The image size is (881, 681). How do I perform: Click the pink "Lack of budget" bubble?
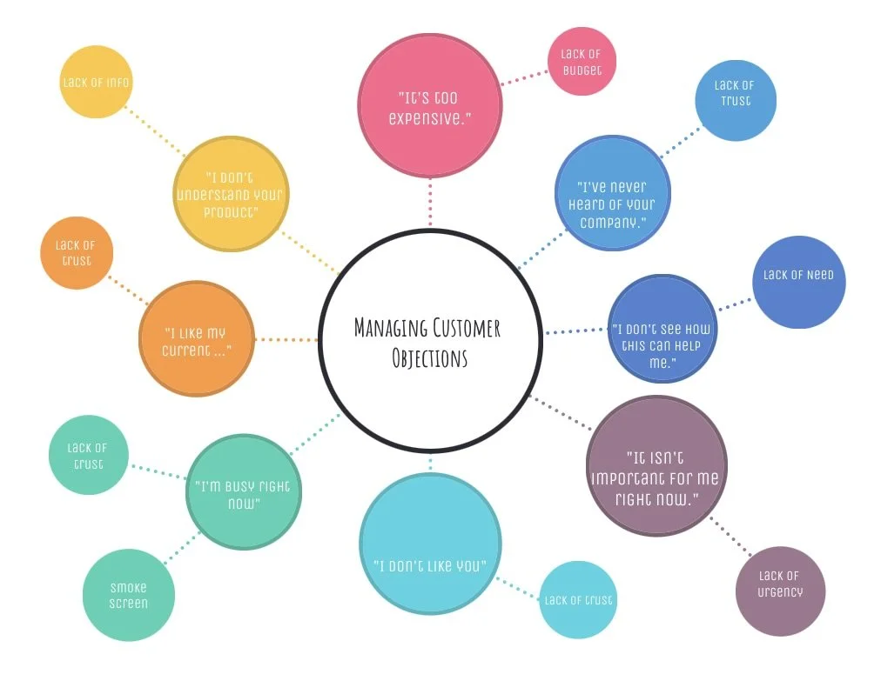pos(582,62)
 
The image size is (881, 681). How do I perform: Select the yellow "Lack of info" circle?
pos(96,82)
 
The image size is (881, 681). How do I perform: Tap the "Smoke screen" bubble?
pos(129,596)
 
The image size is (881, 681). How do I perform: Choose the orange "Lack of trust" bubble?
pos(77,252)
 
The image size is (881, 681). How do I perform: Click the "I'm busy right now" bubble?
pos(243,492)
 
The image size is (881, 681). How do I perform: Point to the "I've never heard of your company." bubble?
pos(612,193)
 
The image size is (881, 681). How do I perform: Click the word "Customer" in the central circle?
pos(466,329)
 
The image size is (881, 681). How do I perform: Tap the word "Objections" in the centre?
pos(430,358)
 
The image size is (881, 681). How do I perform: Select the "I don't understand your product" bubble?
pos(230,193)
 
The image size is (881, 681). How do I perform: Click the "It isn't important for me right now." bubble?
pos(656,466)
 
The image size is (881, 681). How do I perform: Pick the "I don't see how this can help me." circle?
pos(662,331)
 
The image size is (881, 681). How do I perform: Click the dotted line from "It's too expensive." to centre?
pos(430,202)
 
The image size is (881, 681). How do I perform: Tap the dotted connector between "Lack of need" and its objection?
pos(734,303)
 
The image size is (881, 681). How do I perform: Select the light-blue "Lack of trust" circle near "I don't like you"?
pos(577,600)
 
